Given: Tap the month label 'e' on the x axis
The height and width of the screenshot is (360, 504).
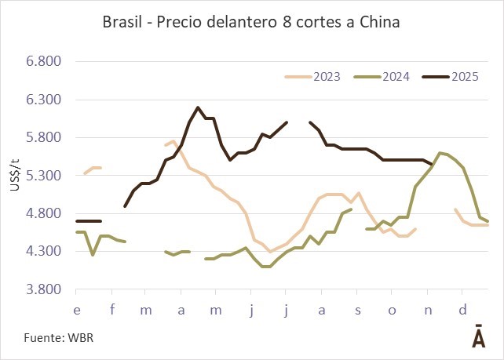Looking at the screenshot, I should coord(76,310).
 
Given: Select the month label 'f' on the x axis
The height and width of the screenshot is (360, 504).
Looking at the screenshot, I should coord(111,310).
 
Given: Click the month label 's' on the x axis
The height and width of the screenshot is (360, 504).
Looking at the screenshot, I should coord(357,310).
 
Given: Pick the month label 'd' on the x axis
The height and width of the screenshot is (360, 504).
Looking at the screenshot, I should coord(462,310).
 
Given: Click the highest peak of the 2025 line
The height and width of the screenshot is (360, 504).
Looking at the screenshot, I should coord(198,107).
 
